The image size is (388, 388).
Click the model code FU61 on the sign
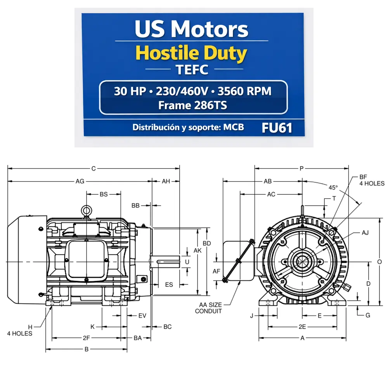coord(277,128)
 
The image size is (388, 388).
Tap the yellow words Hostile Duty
coord(192,54)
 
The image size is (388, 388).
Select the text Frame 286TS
coord(192,105)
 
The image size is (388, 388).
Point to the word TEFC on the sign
coord(192,70)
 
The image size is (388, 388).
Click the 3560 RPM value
coord(244,92)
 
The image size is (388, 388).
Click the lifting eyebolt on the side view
coord(86,210)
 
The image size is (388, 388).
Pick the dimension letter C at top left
coord(94,169)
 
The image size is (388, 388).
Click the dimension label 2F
coord(87,338)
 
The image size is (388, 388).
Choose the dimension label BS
coord(104,194)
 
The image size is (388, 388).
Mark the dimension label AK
coord(197,251)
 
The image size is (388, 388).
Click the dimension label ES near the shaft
coord(169,285)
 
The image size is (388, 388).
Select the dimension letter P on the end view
coord(301,169)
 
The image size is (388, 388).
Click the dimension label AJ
coord(365,233)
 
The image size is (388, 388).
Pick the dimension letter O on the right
coord(379,262)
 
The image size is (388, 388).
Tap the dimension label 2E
coord(302,327)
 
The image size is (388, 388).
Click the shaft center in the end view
coord(302,262)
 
